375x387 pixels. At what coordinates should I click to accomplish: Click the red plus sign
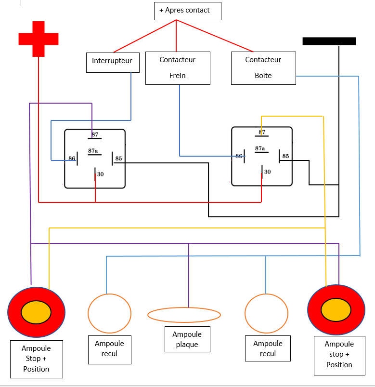click(x=39, y=39)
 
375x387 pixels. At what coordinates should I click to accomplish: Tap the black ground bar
click(x=329, y=41)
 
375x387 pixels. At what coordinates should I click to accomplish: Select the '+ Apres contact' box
click(x=187, y=11)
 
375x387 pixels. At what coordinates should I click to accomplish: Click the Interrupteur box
click(x=112, y=62)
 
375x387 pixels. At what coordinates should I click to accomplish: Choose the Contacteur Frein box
click(x=178, y=68)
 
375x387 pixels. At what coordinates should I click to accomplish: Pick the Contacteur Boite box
click(x=263, y=68)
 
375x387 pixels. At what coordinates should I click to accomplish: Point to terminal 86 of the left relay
click(x=72, y=159)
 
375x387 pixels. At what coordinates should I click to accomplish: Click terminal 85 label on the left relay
click(x=118, y=159)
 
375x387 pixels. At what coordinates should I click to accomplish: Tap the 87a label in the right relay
click(x=260, y=148)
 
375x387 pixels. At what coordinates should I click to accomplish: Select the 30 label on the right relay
click(x=267, y=172)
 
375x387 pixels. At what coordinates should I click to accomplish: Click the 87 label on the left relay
click(x=95, y=134)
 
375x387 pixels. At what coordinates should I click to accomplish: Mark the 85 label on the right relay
click(x=285, y=156)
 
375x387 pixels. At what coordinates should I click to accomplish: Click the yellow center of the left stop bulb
click(x=36, y=312)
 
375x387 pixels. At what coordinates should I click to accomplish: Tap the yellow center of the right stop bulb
click(x=336, y=309)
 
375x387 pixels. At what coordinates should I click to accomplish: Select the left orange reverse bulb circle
click(x=109, y=313)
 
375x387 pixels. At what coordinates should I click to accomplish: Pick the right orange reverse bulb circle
click(x=266, y=313)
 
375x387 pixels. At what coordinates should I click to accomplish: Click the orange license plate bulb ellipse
click(x=184, y=315)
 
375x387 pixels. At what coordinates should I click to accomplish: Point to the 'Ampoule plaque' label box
click(x=187, y=339)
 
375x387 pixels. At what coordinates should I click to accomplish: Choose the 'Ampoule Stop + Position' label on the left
click(x=36, y=359)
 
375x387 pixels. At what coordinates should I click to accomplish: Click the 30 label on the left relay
click(x=100, y=174)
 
